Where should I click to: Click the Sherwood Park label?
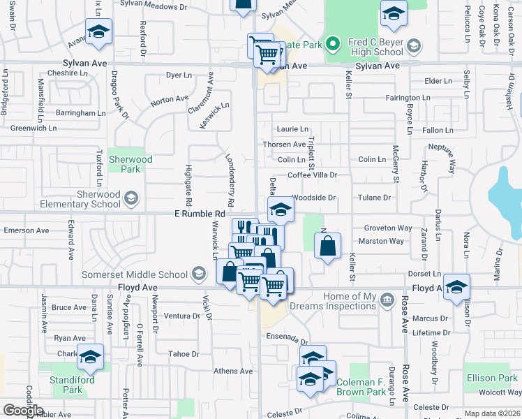(x=130, y=164)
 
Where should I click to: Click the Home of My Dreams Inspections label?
(x=350, y=302)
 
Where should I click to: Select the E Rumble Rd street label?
(x=200, y=214)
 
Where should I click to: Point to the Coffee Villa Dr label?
(x=312, y=175)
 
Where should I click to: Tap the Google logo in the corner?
(x=23, y=411)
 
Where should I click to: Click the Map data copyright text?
(x=493, y=413)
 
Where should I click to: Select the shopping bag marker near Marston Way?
(x=327, y=247)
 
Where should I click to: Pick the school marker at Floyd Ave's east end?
(x=456, y=288)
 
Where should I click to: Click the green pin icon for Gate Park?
(x=334, y=45)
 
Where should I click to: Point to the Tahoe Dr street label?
(x=184, y=354)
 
